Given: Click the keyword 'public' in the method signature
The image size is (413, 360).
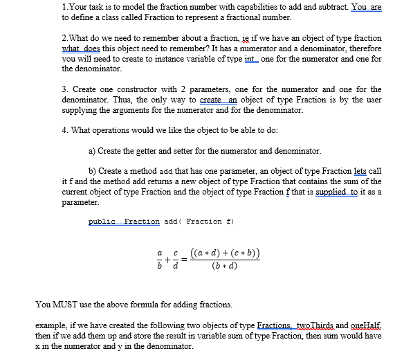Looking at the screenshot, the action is tap(102, 221).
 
